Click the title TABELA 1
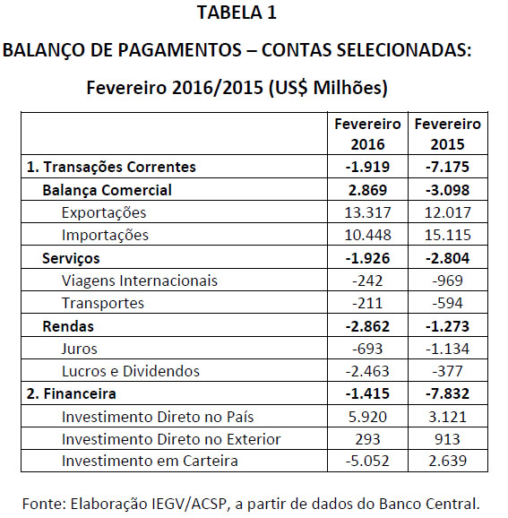237,13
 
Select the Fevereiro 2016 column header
367,134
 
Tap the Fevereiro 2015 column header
448,134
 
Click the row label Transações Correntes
111,167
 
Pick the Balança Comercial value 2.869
367,190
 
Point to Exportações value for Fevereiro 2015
448,212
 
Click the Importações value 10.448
367,235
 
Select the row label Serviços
71,259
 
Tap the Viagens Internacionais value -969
448,281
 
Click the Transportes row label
103,303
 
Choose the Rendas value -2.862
367,327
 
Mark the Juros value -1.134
448,349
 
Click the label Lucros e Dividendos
131,371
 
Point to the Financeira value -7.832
448,393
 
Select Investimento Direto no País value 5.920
367,417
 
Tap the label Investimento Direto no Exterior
171,439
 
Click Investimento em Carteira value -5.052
367,461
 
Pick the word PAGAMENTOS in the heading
180,50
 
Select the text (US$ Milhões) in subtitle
328,88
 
